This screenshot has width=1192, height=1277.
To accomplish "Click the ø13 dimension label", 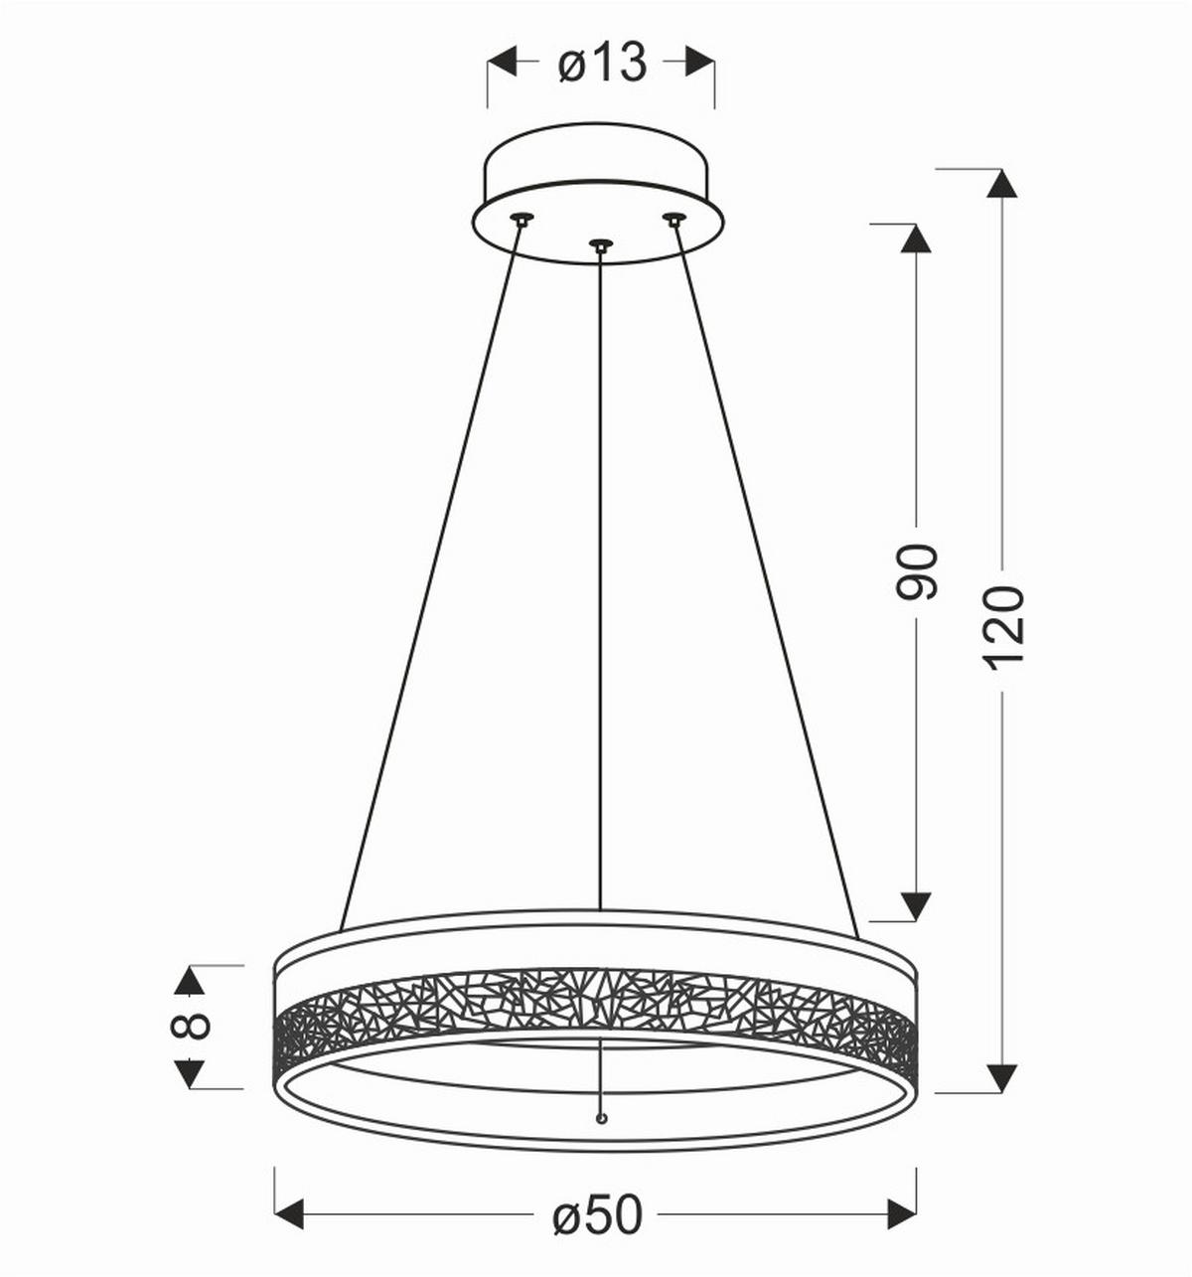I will [x=602, y=65].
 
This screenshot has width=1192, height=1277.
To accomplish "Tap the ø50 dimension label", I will [x=598, y=1214].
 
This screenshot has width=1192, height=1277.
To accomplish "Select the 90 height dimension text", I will [x=917, y=571].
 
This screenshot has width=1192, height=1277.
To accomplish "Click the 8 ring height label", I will [x=192, y=1026].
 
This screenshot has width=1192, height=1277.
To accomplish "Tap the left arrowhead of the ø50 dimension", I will [x=288, y=1213].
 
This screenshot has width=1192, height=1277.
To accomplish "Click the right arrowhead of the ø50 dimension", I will [x=902, y=1213].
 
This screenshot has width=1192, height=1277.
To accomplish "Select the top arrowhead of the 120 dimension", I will [x=1002, y=183].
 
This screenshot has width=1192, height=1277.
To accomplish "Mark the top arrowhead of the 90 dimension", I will [x=915, y=238].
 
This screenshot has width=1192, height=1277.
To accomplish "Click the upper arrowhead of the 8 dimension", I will [x=189, y=980].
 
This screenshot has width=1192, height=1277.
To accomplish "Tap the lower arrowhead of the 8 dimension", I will [x=189, y=1073].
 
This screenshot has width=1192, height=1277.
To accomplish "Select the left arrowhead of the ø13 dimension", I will [x=502, y=62].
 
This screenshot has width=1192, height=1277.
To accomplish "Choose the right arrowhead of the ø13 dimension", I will [x=700, y=62].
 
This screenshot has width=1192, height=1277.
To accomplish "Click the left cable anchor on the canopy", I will [x=521, y=219].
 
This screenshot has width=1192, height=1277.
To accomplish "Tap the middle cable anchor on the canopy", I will [x=600, y=244].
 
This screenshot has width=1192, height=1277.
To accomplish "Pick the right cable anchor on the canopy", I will [x=674, y=219].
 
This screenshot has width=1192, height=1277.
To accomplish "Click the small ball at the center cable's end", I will [x=600, y=1119].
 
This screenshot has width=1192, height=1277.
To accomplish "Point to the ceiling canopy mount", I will [x=599, y=194].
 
